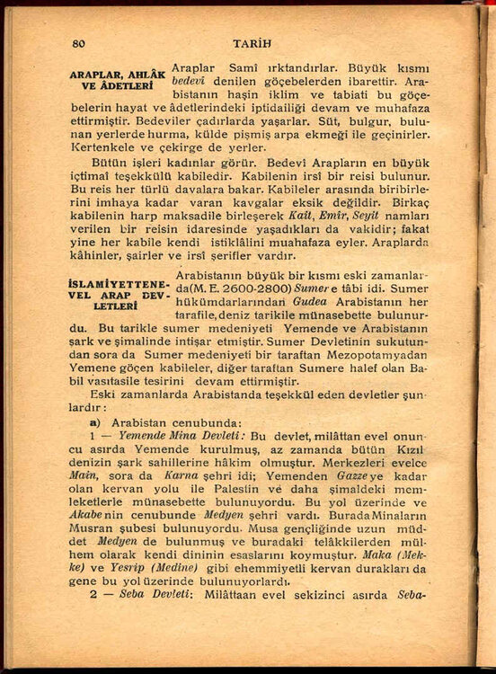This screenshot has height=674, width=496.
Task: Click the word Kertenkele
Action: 103,146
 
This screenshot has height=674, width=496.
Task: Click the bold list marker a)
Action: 94,421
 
